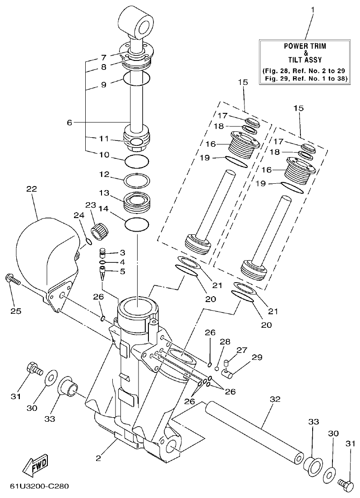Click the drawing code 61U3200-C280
click(39, 488)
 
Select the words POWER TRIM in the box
click(305, 46)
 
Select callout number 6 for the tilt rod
click(69, 122)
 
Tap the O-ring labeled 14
click(137, 224)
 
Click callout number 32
click(275, 399)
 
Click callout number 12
click(104, 174)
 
